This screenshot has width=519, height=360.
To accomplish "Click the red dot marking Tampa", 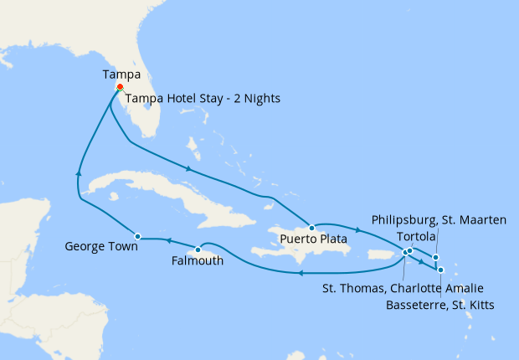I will tap(120, 87).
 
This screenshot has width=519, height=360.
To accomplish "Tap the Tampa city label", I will tap(120, 75).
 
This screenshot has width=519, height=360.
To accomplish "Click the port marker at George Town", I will tap(138, 236).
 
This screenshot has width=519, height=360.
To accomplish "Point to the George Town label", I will tap(100, 247).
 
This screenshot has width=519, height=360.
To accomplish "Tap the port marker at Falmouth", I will tap(198, 249).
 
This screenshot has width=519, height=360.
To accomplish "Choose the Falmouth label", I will tap(197, 261).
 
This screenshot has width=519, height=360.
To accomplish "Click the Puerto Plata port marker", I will tap(311, 227).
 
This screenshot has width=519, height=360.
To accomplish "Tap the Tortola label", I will tap(416, 236).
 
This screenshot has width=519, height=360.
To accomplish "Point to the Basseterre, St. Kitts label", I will tap(439, 305).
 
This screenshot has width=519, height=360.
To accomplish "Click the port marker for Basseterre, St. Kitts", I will tap(440, 269).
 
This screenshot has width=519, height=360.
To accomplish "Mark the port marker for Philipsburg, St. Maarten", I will tap(435, 257).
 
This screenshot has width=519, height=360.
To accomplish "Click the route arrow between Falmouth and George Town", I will tap(167, 241).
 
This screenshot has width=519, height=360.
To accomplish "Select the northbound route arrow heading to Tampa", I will tap(79, 172).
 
